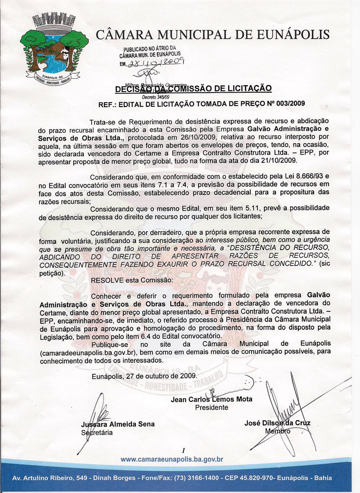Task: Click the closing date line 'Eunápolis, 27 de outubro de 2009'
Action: pos(144,375)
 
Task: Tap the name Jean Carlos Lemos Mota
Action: pos(211,399)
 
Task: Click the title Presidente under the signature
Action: pos(211,408)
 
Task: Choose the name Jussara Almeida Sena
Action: pos(117,424)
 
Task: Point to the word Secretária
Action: pos(97,433)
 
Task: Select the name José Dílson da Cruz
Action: pos(277,423)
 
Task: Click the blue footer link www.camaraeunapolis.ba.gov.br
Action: pos(172,460)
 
